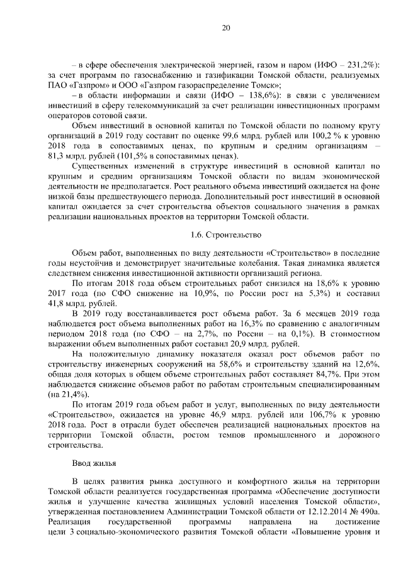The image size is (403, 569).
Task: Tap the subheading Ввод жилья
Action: click(x=94, y=463)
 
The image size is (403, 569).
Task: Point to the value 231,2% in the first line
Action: click(x=358, y=65)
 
